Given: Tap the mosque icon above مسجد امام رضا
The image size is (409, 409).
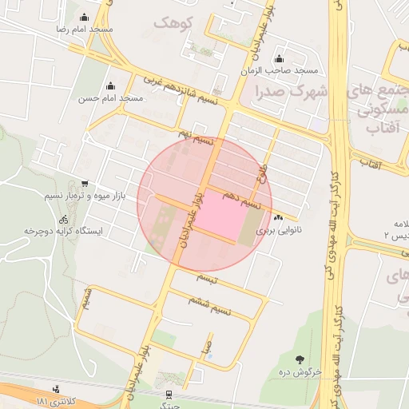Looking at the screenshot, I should click(x=84, y=16).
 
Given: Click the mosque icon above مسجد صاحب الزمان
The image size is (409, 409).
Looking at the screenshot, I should click(x=279, y=58).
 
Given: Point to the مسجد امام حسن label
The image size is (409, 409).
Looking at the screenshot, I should click(x=110, y=98).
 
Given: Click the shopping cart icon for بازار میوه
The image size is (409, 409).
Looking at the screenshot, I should click(x=85, y=183).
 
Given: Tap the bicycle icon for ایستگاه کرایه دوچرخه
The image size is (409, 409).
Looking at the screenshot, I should click(x=62, y=218).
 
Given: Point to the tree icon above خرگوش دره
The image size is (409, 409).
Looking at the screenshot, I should click(x=300, y=359).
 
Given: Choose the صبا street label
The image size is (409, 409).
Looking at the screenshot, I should click(x=206, y=349).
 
